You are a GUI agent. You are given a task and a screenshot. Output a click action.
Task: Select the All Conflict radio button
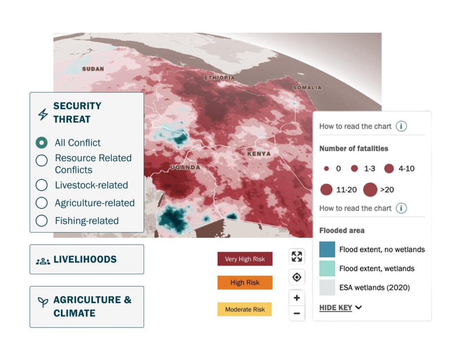point(41,143)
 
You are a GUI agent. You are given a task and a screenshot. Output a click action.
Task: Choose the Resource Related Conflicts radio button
point(41,160)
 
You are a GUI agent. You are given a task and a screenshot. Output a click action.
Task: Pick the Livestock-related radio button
point(41,185)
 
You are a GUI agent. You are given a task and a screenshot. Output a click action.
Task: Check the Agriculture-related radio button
point(41,203)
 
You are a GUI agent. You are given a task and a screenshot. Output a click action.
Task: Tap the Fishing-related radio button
point(41,221)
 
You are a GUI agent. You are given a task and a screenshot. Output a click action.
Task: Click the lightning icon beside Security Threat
point(43,114)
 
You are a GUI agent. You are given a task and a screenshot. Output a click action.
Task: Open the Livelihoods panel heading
point(85,259)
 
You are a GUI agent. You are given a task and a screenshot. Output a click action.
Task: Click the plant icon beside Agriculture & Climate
point(43,302)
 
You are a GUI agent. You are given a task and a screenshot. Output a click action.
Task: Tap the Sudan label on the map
point(93,69)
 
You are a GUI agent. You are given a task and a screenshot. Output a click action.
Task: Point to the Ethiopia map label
point(219,77)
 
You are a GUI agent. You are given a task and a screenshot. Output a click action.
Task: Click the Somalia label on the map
point(307,87)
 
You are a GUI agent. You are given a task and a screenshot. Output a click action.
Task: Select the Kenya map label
point(259,154)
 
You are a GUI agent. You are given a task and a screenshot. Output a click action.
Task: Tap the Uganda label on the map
point(185,167)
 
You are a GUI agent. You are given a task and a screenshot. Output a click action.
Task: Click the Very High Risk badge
point(245,259)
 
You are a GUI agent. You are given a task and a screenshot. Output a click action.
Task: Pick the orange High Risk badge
point(245,283)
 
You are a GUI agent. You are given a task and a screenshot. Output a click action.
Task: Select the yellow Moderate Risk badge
point(245,310)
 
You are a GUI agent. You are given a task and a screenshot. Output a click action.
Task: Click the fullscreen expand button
point(297,256)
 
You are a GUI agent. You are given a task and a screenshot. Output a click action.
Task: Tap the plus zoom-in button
point(297,298)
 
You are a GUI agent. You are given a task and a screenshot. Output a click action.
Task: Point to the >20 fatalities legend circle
point(370,190)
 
